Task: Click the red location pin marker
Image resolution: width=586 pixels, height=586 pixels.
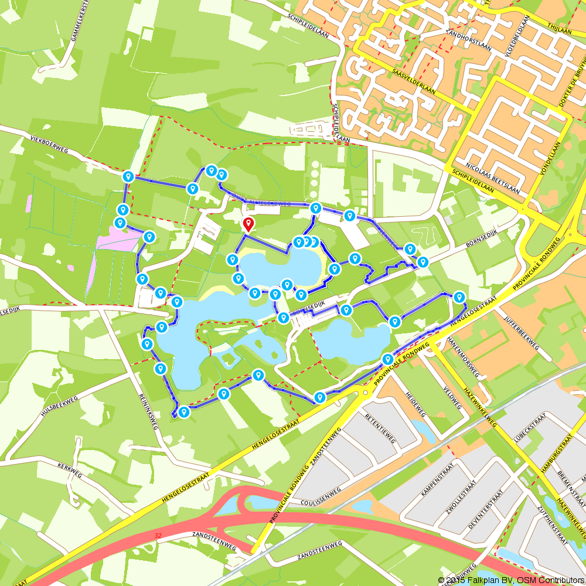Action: click(x=248, y=224)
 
